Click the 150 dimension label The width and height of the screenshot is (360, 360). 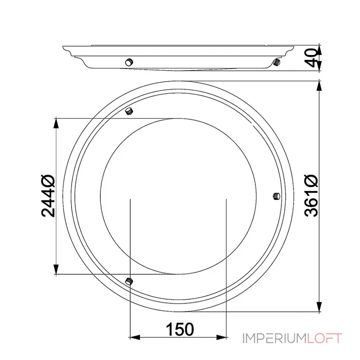click(180, 329)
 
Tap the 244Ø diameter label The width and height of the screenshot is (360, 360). click(48, 196)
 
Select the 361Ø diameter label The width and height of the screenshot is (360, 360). click(311, 196)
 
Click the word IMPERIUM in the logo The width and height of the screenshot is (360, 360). click(274, 338)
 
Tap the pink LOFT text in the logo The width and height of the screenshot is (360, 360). click(324, 338)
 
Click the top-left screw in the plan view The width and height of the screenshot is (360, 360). click(129, 111)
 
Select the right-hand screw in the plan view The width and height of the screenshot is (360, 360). click(276, 196)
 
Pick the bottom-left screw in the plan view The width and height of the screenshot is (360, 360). click(129, 281)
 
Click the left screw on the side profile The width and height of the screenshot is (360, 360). click(129, 62)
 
